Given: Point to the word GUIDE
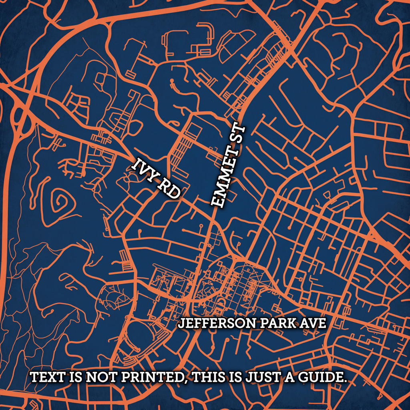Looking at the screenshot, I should (x=323, y=378).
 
